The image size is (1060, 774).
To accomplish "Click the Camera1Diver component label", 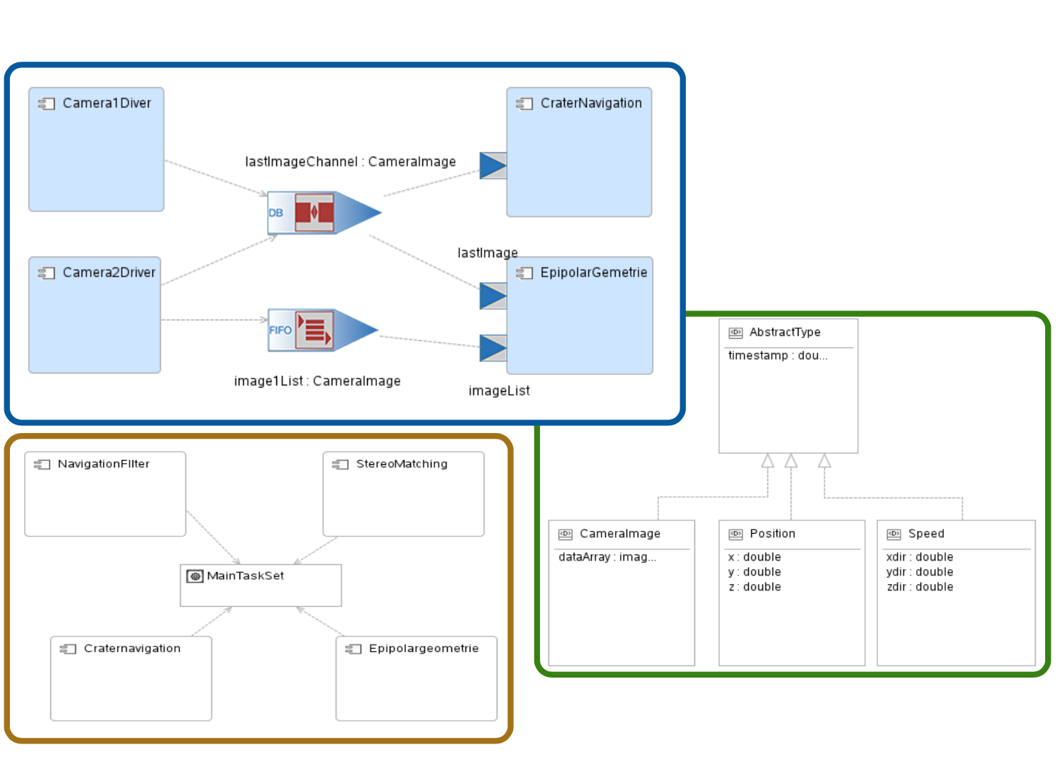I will tap(106, 103).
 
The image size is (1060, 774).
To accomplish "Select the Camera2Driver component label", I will tap(108, 273).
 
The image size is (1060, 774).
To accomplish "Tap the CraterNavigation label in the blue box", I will tap(591, 103).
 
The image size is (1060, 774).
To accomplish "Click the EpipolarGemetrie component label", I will tap(593, 273).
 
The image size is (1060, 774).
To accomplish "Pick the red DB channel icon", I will tap(314, 213).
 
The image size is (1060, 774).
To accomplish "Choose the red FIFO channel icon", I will tap(314, 330).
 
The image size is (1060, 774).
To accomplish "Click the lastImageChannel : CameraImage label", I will tap(350, 162).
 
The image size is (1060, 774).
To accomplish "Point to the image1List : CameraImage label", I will tap(317, 381).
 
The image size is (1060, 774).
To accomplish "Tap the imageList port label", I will tap(499, 391).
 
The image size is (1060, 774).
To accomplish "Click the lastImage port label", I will tap(487, 253).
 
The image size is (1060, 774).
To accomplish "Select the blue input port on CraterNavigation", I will tap(492, 166).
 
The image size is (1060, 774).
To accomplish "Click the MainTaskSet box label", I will tap(245, 576).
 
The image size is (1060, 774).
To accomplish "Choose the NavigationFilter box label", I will tap(103, 464).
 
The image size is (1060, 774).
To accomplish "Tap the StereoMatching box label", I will tap(402, 464).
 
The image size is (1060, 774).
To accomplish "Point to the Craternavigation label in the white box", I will tap(132, 649).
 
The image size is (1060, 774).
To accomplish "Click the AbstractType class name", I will tap(784, 332).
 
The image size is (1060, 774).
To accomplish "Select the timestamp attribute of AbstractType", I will tap(777, 356).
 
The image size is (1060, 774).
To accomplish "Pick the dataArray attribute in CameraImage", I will tap(607, 557).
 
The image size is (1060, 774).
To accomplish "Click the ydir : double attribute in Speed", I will tap(919, 572).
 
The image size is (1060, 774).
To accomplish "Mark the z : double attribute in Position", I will tap(754, 587).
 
